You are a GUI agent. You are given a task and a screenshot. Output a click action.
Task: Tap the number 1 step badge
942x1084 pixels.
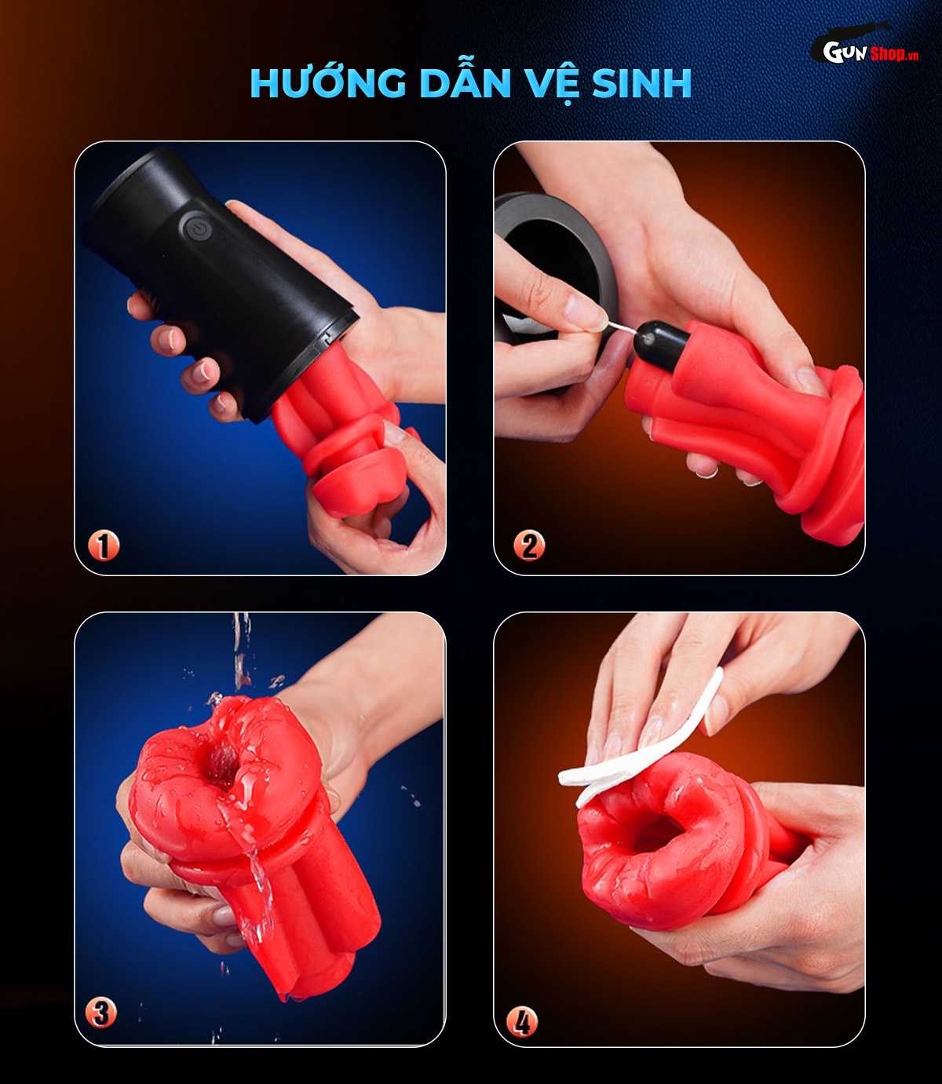(x=103, y=546)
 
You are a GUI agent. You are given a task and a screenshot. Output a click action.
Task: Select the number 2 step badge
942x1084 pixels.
(x=529, y=546)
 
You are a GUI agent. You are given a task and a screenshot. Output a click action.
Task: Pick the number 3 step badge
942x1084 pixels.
(x=101, y=1013)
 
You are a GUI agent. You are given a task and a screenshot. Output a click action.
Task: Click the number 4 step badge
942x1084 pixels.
(x=522, y=1021)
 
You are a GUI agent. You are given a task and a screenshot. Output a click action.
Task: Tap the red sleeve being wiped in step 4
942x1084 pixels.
(x=667, y=848)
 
